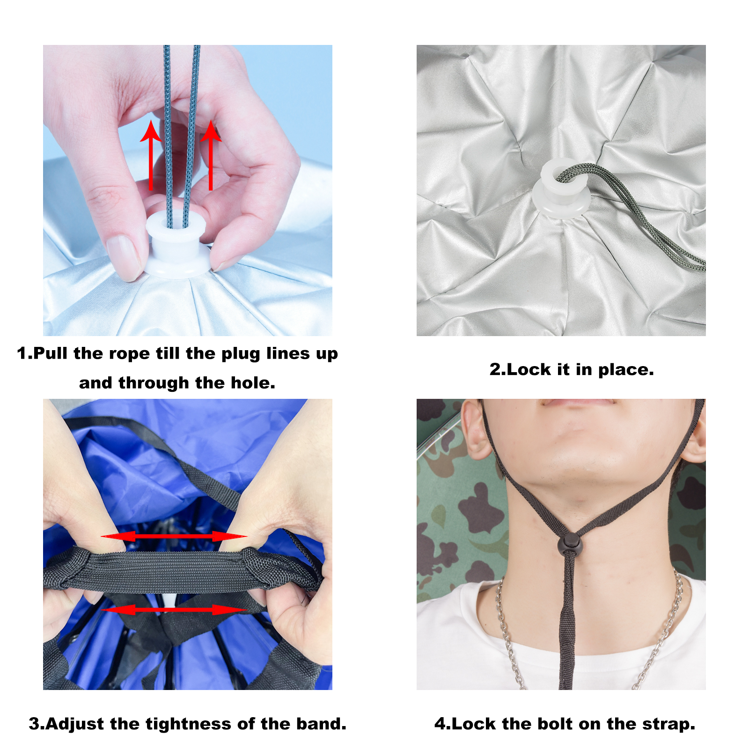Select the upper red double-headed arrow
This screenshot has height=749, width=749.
(174, 536)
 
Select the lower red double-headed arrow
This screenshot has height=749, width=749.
(174, 609)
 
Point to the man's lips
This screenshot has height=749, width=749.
(578, 403)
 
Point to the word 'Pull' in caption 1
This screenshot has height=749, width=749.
(51, 353)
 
